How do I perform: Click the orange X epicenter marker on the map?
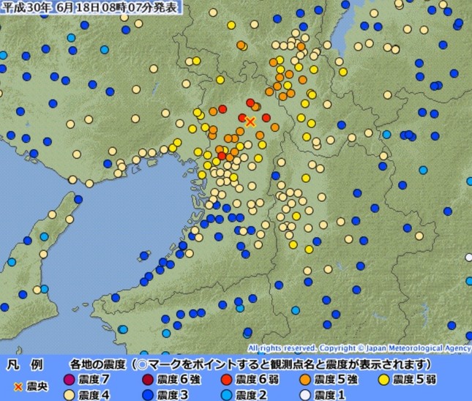[x=250, y=121]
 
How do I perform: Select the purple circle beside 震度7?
[x=70, y=380]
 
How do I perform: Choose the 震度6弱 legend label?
[x=252, y=380]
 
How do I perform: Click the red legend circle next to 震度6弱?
[x=228, y=380]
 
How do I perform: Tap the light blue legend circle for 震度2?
[x=228, y=394]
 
